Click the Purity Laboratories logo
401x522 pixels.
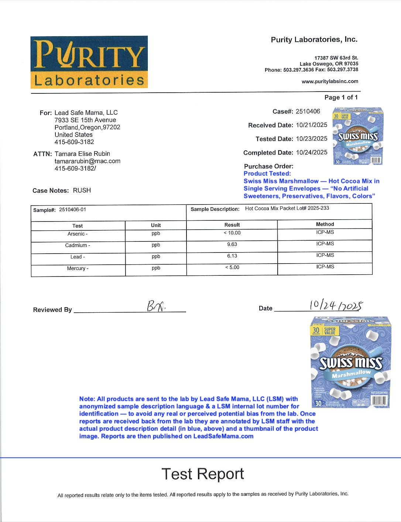[89, 62]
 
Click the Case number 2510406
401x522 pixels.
[308, 111]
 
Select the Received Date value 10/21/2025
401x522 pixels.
[311, 125]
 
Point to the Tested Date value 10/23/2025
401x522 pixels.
[311, 139]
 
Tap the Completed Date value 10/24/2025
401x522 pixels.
[311, 152]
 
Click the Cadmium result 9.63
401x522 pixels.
[232, 244]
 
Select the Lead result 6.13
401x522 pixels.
[232, 256]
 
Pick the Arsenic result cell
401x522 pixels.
[232, 233]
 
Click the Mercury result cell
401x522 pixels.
[232, 267]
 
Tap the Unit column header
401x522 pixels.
[156, 225]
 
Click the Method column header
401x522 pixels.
[325, 224]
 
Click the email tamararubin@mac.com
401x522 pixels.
[88, 161]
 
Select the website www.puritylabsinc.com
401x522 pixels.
[330, 82]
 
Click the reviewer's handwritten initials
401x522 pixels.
[156, 306]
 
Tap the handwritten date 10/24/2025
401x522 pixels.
[336, 305]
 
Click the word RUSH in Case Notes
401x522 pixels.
[82, 190]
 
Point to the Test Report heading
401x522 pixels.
[203, 474]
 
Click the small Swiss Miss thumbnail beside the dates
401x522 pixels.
[357, 136]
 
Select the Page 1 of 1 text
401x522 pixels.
[341, 97]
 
